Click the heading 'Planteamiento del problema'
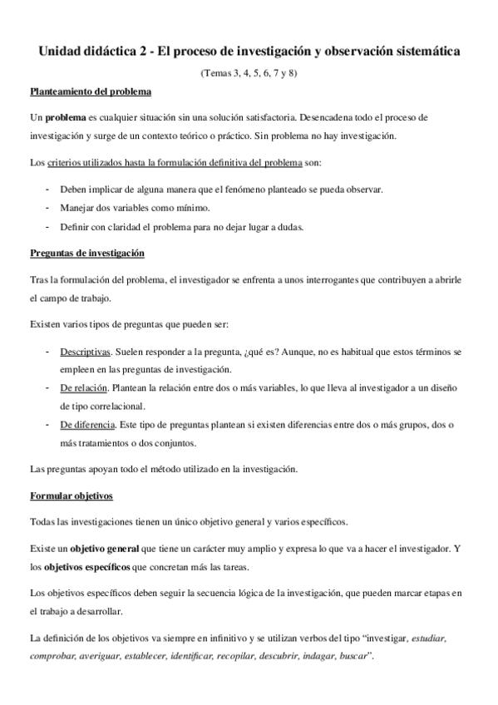coord(90,92)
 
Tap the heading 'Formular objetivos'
coord(71,496)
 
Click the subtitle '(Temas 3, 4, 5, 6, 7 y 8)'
coord(249,72)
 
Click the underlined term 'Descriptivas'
coord(85,352)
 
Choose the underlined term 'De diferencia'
coord(86,425)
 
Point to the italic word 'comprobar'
coord(52,656)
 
